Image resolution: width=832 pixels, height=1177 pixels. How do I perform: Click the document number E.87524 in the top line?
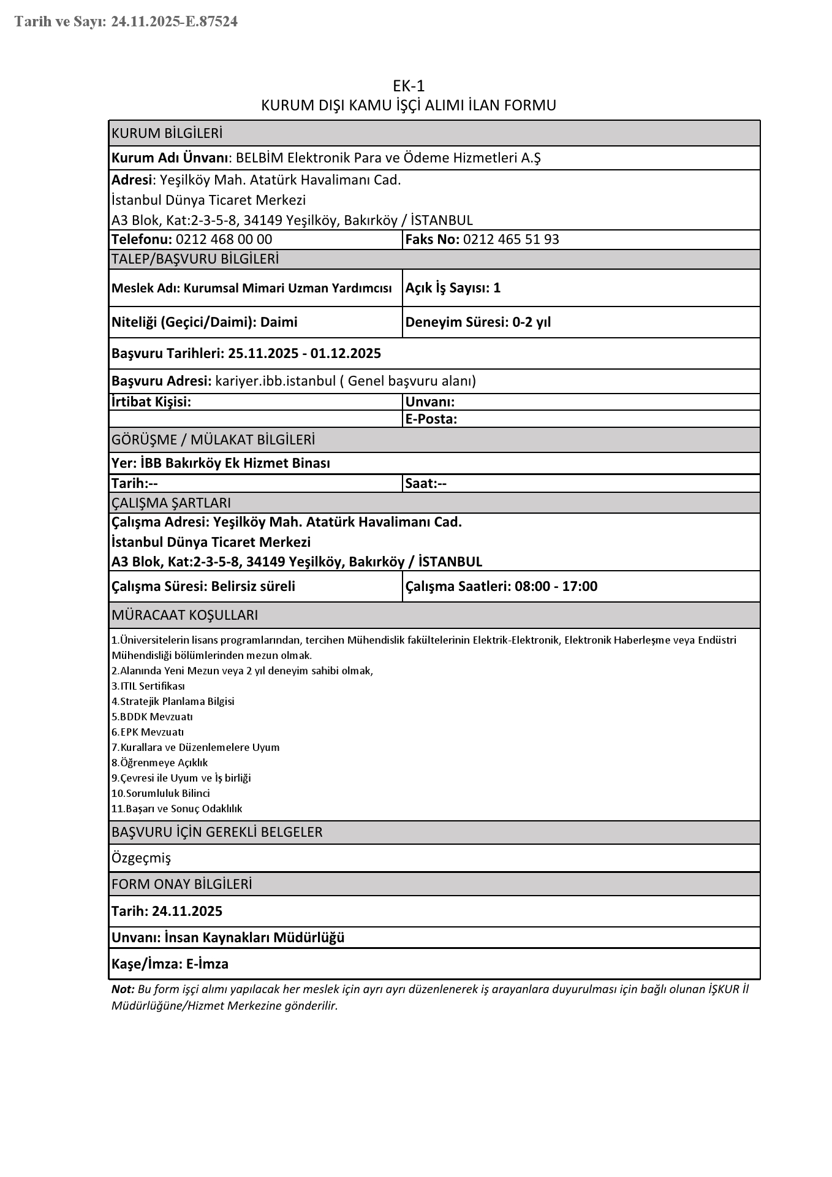212,22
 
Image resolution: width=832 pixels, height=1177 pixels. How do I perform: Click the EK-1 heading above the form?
409,86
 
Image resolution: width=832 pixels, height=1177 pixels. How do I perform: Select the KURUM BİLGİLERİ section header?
167,133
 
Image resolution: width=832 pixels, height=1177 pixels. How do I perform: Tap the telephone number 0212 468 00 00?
224,239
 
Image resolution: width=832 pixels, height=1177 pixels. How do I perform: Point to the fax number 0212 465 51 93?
511,239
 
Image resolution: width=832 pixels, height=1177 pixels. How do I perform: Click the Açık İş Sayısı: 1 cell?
453,288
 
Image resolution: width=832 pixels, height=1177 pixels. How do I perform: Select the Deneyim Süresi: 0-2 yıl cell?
478,322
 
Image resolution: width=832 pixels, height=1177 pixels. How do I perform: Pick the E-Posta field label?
431,419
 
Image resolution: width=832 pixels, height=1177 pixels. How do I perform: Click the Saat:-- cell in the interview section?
426,483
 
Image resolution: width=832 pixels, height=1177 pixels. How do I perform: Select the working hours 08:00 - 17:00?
556,586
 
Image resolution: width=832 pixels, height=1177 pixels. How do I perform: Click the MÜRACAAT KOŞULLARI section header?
184,615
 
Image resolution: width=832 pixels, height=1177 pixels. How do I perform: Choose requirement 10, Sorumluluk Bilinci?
161,793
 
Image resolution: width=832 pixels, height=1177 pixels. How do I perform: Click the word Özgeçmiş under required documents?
141,858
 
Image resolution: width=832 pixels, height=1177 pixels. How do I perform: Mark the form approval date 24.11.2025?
187,911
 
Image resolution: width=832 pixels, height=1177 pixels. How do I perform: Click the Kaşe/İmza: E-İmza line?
170,964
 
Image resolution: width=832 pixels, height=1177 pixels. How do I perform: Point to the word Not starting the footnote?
122,989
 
